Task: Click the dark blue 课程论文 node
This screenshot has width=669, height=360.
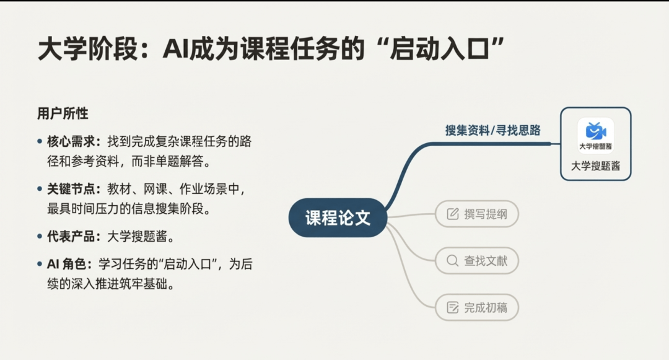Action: click(338, 217)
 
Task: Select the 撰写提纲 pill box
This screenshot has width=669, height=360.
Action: click(476, 214)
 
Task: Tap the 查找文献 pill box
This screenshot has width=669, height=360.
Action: click(476, 261)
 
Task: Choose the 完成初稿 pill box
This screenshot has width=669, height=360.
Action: click(476, 307)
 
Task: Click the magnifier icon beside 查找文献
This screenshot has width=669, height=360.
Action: click(452, 261)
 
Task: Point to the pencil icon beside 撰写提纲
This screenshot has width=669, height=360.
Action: click(452, 214)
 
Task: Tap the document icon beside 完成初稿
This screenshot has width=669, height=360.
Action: click(452, 307)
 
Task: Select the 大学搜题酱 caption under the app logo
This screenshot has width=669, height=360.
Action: click(596, 166)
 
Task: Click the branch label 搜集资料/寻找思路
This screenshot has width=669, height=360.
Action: click(493, 130)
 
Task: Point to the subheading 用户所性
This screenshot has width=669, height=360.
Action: click(63, 113)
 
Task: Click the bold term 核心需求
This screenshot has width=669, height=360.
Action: click(71, 141)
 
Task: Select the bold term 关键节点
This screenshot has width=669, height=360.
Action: click(71, 188)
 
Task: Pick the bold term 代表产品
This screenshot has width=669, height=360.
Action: click(71, 236)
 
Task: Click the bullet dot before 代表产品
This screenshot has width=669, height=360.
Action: click(40, 236)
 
